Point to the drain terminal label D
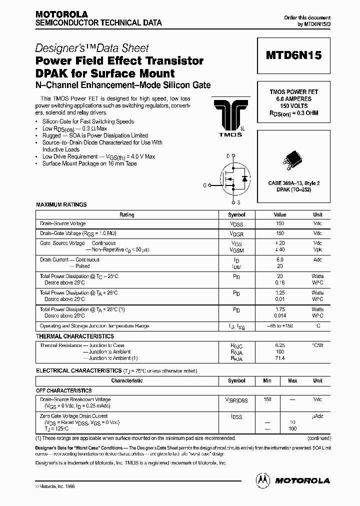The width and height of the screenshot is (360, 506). (228, 156)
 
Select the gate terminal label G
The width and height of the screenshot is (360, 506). (204, 185)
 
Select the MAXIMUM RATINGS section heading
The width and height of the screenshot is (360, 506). (61, 204)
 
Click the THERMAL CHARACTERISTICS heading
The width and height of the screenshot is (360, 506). (74, 336)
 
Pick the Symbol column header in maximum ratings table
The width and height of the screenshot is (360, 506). (236, 214)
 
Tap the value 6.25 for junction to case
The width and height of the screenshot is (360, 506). (279, 345)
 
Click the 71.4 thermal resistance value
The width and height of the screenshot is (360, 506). (279, 358)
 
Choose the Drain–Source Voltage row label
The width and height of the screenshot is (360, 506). (63, 223)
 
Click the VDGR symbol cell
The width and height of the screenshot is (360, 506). (236, 233)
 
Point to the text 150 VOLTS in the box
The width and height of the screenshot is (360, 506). (293, 106)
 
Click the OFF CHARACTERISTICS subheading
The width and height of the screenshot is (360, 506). (63, 390)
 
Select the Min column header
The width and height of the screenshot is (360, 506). (267, 380)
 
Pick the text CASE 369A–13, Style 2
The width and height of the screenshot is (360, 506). (293, 183)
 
